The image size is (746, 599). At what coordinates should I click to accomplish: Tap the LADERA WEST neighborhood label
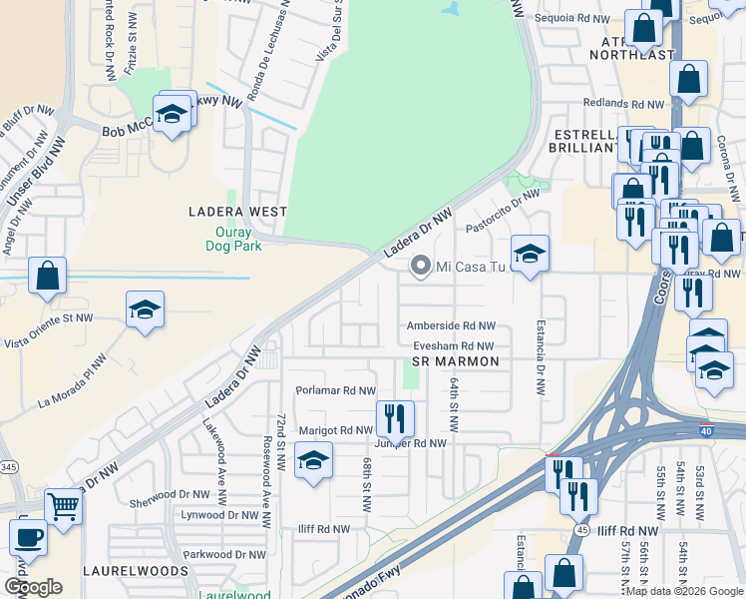[x=238, y=212]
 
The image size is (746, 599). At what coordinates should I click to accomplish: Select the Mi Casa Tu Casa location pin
[x=421, y=266]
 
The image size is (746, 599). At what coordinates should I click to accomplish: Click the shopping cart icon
[x=62, y=506]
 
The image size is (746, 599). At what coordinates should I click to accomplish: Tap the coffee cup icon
[x=28, y=536]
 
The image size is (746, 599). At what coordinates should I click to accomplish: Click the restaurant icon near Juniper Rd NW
[x=395, y=418]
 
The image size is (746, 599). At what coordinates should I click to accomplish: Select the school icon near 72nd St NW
[x=313, y=460]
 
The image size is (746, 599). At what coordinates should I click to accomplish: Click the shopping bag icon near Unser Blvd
[x=47, y=276]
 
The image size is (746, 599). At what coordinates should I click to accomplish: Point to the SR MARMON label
[x=454, y=361]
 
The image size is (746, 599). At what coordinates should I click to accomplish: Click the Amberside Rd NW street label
[x=451, y=326]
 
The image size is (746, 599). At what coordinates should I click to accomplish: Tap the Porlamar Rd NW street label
[x=335, y=390]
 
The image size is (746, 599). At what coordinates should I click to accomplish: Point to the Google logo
[x=33, y=586]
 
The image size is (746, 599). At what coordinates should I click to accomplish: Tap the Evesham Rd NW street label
[x=454, y=345]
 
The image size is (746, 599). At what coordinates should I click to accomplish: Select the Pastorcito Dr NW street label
[x=502, y=210]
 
